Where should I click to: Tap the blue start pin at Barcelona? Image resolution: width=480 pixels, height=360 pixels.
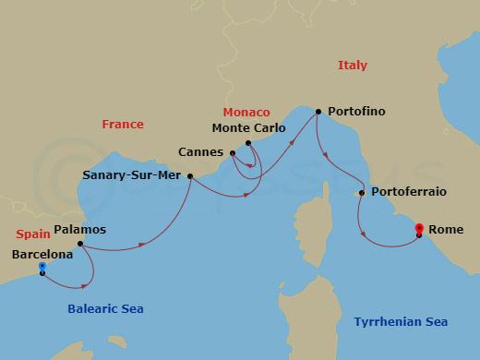click(x=42, y=268)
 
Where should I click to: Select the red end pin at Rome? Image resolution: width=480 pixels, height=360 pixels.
click(x=419, y=228)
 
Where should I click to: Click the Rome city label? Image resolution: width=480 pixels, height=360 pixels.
click(x=447, y=230)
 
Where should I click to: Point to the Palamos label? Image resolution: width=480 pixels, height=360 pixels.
click(x=80, y=230)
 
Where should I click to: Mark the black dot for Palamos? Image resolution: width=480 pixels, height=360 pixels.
click(x=80, y=245)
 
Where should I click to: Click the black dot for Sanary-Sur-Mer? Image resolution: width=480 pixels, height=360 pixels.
click(x=190, y=176)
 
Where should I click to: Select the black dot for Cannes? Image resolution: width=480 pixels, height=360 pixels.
click(x=233, y=153)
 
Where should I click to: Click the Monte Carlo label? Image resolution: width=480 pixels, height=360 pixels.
click(x=249, y=128)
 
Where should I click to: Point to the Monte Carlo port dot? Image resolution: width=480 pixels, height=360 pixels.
click(x=248, y=143)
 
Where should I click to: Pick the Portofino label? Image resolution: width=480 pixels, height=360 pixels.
click(x=355, y=112)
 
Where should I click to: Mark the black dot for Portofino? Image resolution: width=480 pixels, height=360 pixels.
click(x=318, y=112)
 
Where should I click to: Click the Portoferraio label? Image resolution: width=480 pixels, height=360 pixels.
click(x=408, y=192)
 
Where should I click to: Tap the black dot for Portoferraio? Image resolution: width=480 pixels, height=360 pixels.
click(x=361, y=193)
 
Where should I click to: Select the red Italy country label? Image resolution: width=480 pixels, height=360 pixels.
click(x=352, y=66)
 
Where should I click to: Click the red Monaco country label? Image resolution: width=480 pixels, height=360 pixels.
click(x=246, y=112)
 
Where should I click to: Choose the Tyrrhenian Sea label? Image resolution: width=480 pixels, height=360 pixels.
click(x=401, y=322)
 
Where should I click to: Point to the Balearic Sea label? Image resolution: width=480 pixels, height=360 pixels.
click(x=105, y=309)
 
